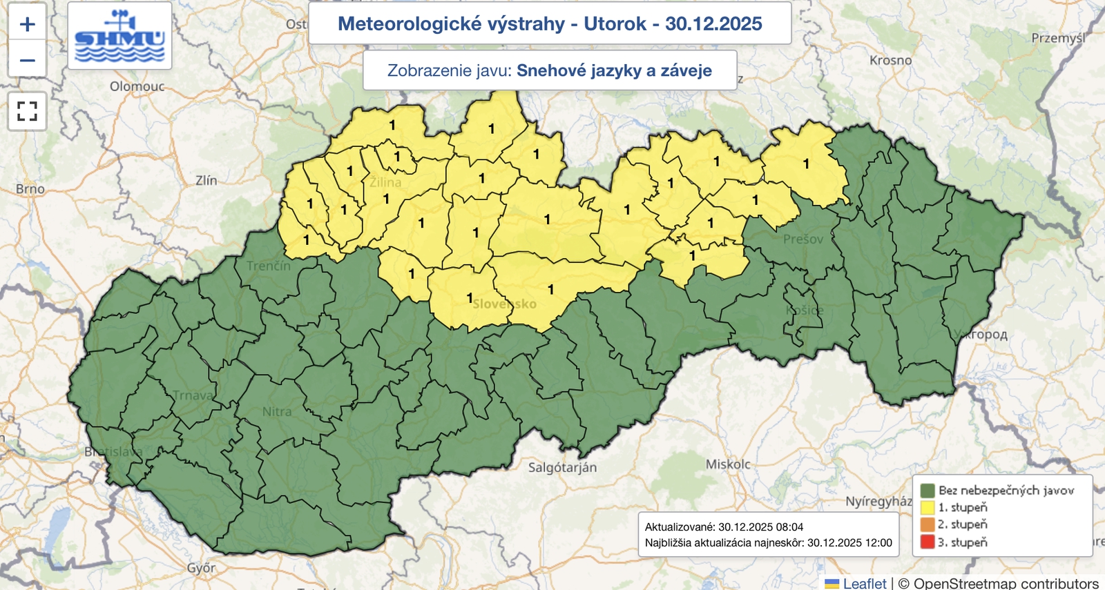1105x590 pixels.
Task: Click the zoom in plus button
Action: tap(27, 24)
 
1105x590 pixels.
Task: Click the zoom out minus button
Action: tap(27, 60)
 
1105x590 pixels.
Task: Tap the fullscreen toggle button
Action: tap(27, 111)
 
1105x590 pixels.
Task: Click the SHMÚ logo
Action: tap(119, 36)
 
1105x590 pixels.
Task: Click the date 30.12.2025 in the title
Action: tap(713, 23)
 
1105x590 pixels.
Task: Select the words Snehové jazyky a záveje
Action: tap(614, 70)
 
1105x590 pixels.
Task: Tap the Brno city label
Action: tap(30, 188)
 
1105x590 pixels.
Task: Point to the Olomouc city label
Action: tap(137, 86)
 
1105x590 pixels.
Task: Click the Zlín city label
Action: tap(206, 180)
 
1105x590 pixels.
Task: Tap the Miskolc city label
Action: tap(728, 464)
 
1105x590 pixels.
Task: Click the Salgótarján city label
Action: tap(562, 467)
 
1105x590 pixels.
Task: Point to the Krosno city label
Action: tap(890, 61)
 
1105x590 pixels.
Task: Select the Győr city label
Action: tap(201, 568)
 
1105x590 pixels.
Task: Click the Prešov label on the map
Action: tap(803, 239)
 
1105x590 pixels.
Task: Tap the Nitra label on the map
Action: tap(276, 411)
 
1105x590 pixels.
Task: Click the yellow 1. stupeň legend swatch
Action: tap(927, 507)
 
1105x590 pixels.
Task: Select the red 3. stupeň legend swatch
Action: tap(927, 542)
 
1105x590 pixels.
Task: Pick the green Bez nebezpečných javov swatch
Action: tap(927, 490)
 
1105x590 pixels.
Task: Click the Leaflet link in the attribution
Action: tap(864, 583)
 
